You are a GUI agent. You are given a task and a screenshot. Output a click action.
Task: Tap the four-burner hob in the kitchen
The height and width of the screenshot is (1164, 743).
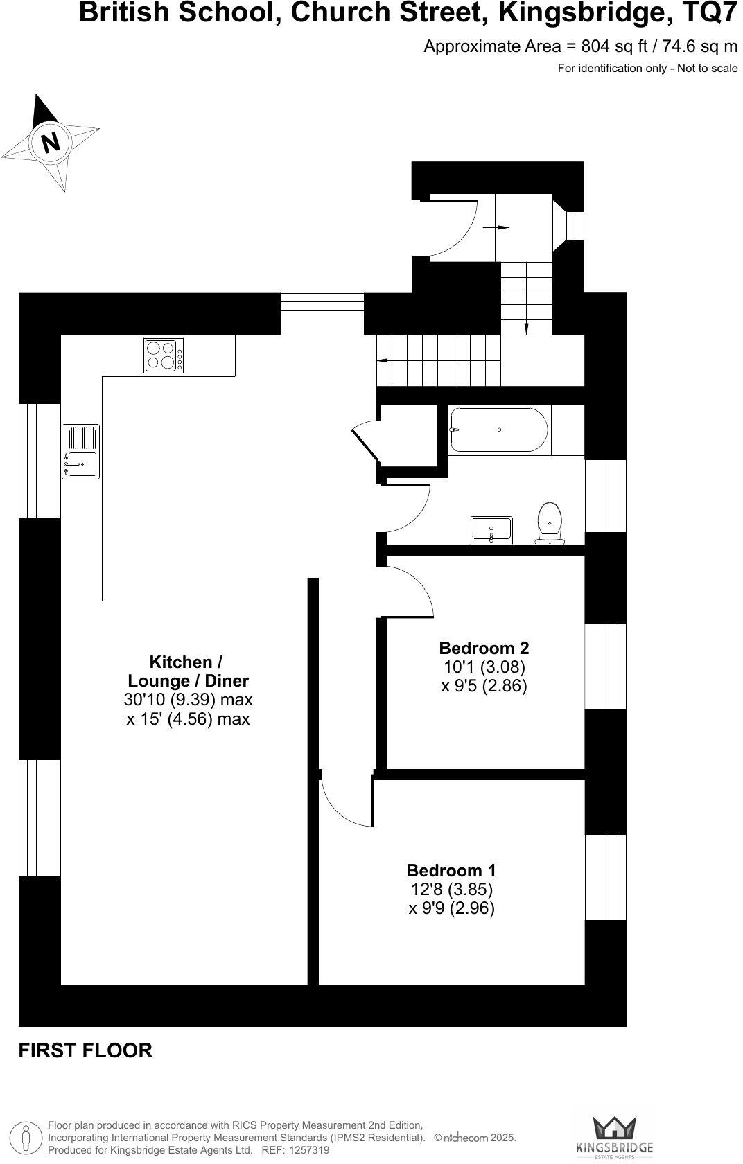[x=164, y=355]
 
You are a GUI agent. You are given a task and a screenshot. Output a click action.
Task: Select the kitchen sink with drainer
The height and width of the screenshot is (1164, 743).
[x=81, y=452]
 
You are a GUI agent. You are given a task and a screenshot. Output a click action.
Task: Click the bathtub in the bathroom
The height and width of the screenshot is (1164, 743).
[x=499, y=430]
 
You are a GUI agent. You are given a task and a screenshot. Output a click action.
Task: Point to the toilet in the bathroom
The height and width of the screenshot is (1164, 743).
[x=550, y=523]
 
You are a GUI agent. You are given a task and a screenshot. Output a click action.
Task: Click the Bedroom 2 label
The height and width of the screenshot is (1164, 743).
[x=484, y=648]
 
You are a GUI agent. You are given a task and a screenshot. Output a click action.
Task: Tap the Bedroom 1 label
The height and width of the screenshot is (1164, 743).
[x=451, y=870]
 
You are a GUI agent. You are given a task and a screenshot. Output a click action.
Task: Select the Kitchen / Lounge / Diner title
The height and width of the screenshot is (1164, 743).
[x=187, y=671]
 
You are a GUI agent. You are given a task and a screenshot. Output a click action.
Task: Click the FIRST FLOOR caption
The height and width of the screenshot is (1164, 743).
[x=85, y=1050]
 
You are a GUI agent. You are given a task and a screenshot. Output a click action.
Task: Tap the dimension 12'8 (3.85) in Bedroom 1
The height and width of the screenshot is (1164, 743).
[x=451, y=889]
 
